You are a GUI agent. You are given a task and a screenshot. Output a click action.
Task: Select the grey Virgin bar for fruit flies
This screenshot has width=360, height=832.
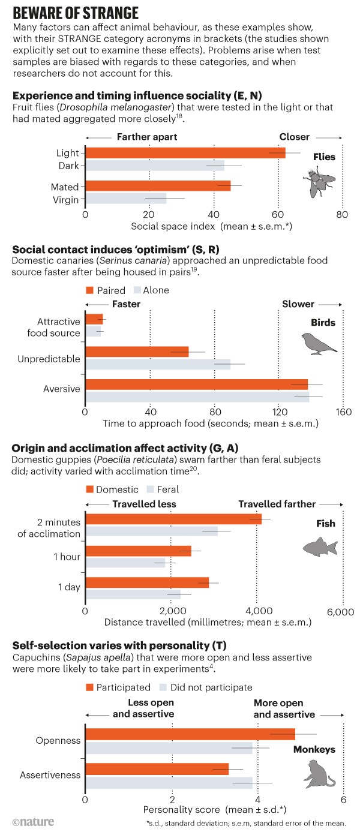[x=125, y=199]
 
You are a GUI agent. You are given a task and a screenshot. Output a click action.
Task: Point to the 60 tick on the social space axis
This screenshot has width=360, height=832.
[x=278, y=215]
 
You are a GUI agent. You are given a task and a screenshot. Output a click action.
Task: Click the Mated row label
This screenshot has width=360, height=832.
[x=65, y=187]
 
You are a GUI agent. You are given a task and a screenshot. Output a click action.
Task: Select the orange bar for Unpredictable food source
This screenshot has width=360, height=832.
[x=137, y=352]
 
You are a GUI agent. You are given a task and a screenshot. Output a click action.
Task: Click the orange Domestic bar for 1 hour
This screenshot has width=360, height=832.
[x=138, y=551]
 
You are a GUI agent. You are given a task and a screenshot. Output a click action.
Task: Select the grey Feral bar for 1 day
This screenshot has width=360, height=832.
[x=133, y=594]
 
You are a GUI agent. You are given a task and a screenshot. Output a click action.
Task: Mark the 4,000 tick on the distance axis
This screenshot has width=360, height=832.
[x=256, y=611]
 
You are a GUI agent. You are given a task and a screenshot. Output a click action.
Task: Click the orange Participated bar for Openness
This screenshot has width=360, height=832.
[x=190, y=734]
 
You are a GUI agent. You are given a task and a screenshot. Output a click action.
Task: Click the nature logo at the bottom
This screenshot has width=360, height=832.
[x=33, y=821]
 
